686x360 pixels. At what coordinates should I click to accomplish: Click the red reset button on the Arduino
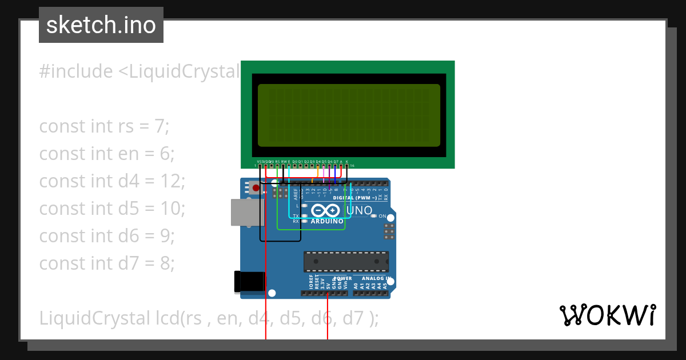coord(256,187)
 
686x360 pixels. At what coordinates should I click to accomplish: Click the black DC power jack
coord(249,281)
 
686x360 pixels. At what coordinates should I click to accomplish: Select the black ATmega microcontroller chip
coord(346,261)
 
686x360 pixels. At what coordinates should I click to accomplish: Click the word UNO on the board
coord(360,210)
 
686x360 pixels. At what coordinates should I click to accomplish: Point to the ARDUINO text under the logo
coord(326,221)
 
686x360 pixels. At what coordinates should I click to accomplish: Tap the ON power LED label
coord(382,216)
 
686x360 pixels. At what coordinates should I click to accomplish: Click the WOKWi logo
coord(607,315)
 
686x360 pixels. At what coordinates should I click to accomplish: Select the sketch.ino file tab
coord(101,25)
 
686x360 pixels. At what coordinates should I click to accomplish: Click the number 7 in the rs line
coord(160,126)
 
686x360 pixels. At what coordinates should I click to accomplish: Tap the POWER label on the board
coord(343,279)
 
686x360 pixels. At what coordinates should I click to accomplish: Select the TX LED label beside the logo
coord(296,216)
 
